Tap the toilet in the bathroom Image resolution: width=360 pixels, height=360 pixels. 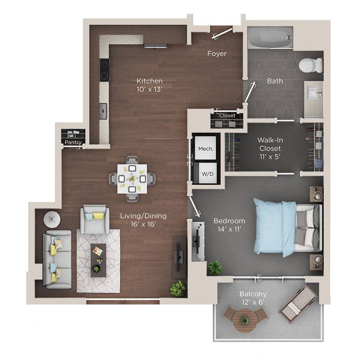pos(309,65)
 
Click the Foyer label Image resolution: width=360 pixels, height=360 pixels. pos(217,54)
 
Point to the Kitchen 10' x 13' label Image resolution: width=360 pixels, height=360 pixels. pos(149,85)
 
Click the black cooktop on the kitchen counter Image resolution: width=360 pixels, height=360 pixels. pos(105,70)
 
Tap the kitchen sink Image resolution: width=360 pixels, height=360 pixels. pos(103,111)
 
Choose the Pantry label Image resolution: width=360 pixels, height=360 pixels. pos(73,143)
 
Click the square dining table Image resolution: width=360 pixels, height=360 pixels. pos(132,179)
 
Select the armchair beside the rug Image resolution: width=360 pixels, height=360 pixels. pos(95,220)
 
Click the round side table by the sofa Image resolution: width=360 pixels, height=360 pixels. pos(52,219)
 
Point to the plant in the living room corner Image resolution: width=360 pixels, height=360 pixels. pos(178,289)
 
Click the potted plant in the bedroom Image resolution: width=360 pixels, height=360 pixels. pos(215,268)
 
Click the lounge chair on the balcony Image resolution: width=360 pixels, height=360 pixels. pos(298,302)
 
